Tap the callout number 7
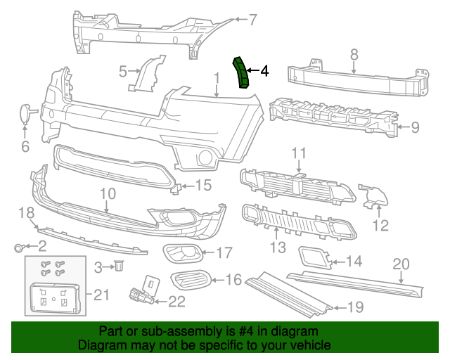point(253,20)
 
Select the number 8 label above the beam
point(354,53)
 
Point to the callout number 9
point(415,127)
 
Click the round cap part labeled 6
point(25,114)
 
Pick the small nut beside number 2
point(20,247)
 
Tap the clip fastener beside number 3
point(120,266)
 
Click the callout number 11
point(299,153)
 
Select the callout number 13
point(278,247)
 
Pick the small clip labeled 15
point(179,187)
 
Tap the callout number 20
point(400,264)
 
